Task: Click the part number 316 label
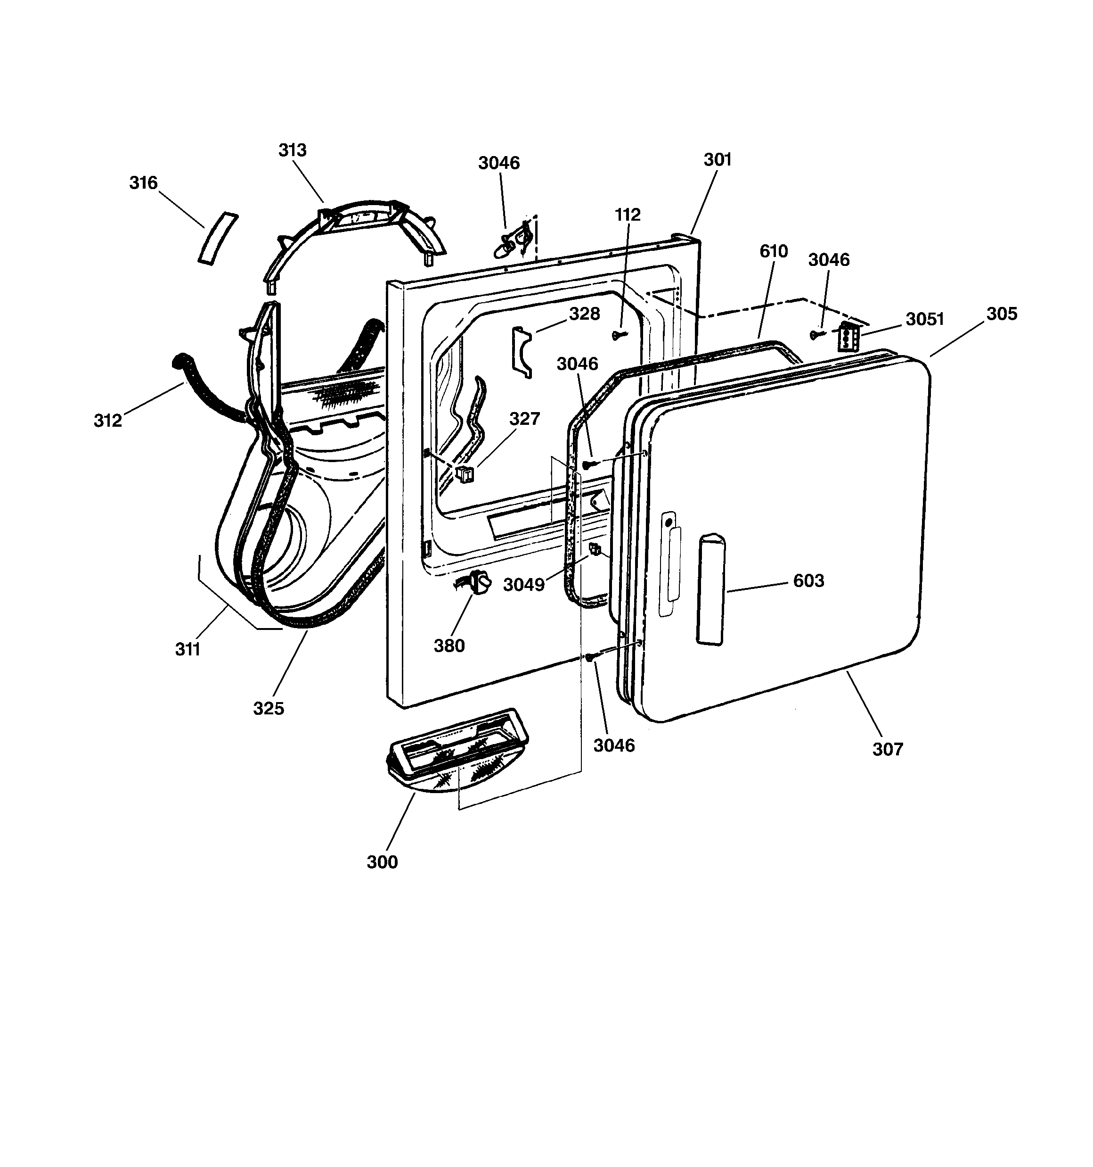click(144, 183)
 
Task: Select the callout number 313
click(292, 150)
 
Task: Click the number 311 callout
click(188, 649)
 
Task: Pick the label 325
click(269, 709)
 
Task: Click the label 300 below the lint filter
click(382, 862)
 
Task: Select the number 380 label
click(449, 646)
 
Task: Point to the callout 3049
click(524, 585)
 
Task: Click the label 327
click(524, 419)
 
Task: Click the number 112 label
click(628, 215)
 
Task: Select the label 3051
click(925, 319)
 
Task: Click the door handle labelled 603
click(710, 589)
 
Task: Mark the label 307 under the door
click(888, 749)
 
